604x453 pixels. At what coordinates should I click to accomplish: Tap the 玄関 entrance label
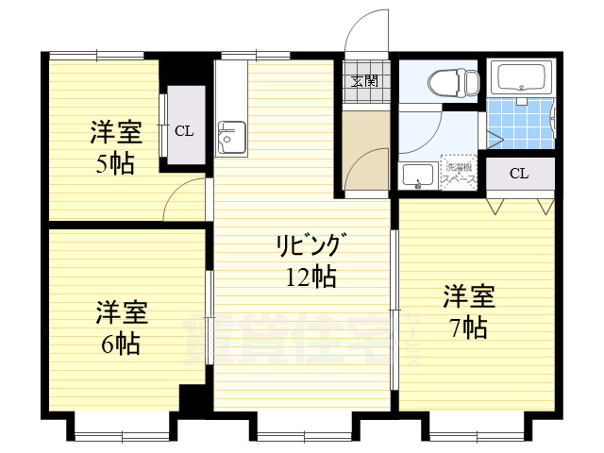tap(365, 80)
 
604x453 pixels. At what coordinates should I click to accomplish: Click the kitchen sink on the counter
tap(228, 139)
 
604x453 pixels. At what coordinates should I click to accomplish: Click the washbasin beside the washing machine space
tap(416, 174)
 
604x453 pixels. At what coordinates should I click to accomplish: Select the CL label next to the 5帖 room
tap(184, 130)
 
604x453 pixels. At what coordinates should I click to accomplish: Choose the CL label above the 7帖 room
tap(519, 173)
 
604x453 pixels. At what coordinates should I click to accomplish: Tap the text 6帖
tap(120, 344)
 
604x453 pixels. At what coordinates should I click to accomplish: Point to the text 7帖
tap(468, 327)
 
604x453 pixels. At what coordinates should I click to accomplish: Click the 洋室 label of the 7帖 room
tap(469, 297)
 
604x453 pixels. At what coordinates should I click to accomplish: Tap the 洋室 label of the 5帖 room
tap(116, 131)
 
